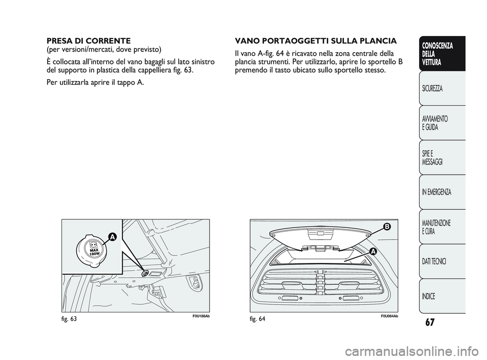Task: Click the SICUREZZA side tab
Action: (x=432, y=88)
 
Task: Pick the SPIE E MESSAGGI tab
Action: (x=432, y=157)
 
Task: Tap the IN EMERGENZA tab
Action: (x=436, y=192)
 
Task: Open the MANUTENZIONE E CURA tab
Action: (x=435, y=226)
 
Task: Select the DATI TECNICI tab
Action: (x=434, y=261)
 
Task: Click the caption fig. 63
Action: (x=69, y=318)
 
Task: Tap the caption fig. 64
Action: (x=258, y=318)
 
